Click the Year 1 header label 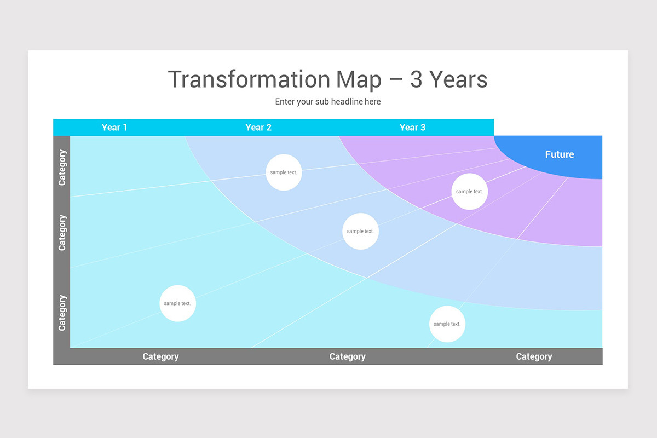[114, 128]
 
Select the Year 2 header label [258, 128]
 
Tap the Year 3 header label [412, 128]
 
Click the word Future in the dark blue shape [560, 154]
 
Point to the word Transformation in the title [249, 79]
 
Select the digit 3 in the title [416, 79]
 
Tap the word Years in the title [458, 79]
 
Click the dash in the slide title [396, 80]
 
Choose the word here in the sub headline [372, 101]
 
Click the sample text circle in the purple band [469, 192]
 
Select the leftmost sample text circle [177, 303]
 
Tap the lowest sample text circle [447, 324]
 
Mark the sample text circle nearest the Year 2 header [284, 172]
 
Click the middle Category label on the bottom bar [347, 356]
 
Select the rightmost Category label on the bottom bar [534, 356]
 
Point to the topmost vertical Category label [62, 168]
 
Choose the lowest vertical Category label [62, 313]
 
